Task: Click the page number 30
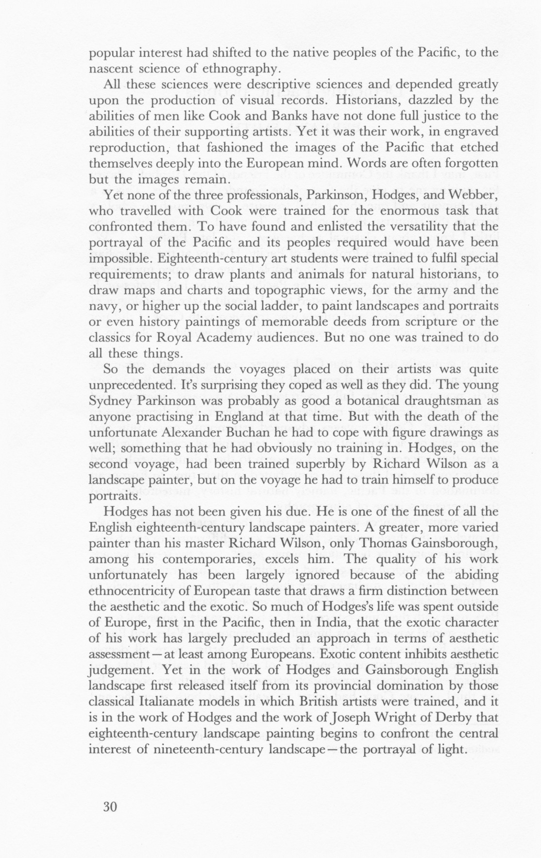point(110,807)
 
